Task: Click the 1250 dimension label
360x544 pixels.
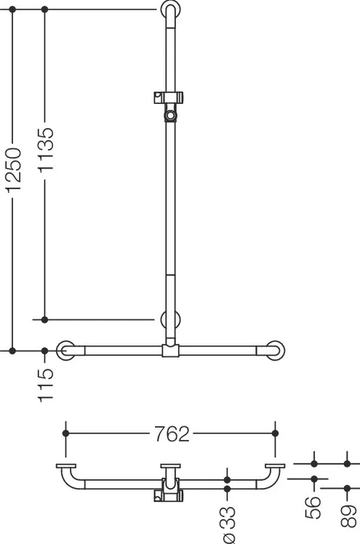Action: [14, 170]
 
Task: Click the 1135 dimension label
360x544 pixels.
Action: [46, 150]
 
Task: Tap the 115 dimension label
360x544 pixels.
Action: [46, 385]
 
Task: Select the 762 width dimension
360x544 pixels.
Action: [172, 433]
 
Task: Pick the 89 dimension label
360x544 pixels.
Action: [348, 516]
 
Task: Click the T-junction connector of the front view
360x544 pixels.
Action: [170, 351]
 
